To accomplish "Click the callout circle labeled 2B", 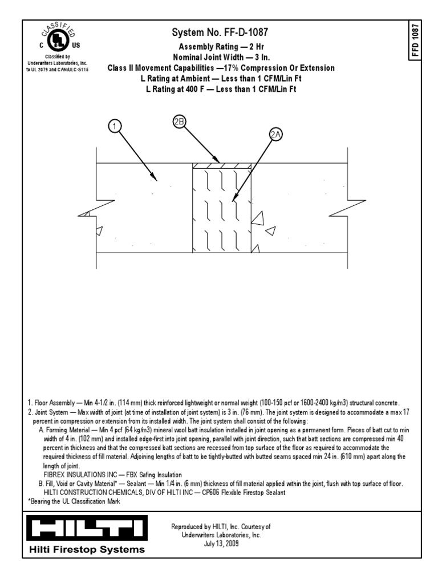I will [x=180, y=121].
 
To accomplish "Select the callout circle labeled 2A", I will [x=275, y=134].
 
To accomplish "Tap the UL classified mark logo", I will [x=55, y=39].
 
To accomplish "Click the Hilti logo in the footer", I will [x=87, y=529].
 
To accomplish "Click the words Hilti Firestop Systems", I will [x=87, y=550].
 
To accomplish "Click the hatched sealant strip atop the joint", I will [x=222, y=166].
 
